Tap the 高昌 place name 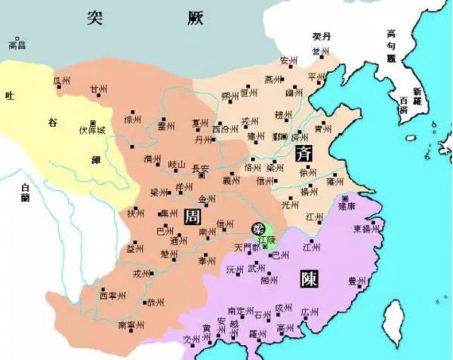(x=17, y=45)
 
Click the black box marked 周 (x=191, y=216)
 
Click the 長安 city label (x=200, y=168)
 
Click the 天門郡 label (x=246, y=247)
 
